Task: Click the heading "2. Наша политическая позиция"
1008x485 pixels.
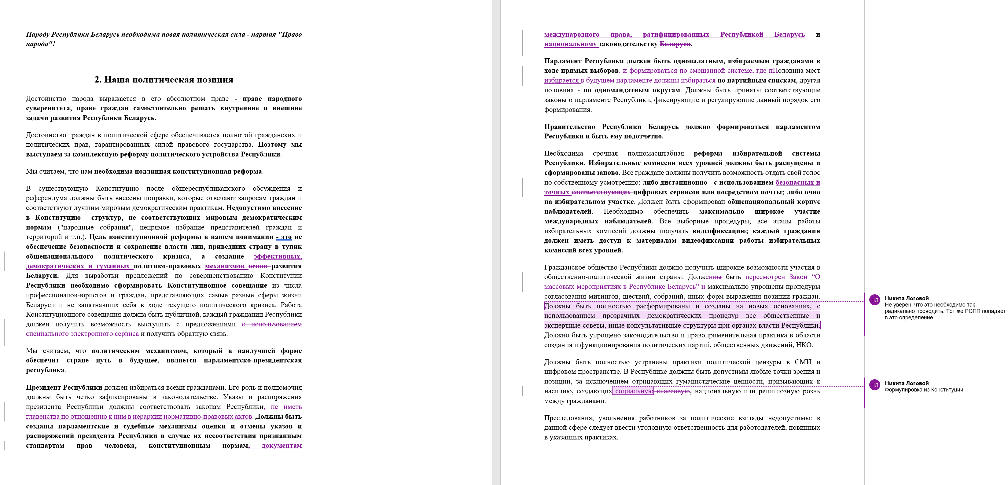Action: point(164,80)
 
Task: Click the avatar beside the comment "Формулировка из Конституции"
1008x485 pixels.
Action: point(874,385)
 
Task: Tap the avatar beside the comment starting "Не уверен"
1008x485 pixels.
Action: point(874,300)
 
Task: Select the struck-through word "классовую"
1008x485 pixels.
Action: point(673,391)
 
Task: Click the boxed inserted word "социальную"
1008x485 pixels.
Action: point(634,391)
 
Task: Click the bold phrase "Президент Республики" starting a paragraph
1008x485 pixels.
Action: point(64,388)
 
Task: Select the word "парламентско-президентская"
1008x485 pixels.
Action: point(252,361)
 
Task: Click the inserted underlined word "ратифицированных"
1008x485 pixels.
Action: point(676,35)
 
